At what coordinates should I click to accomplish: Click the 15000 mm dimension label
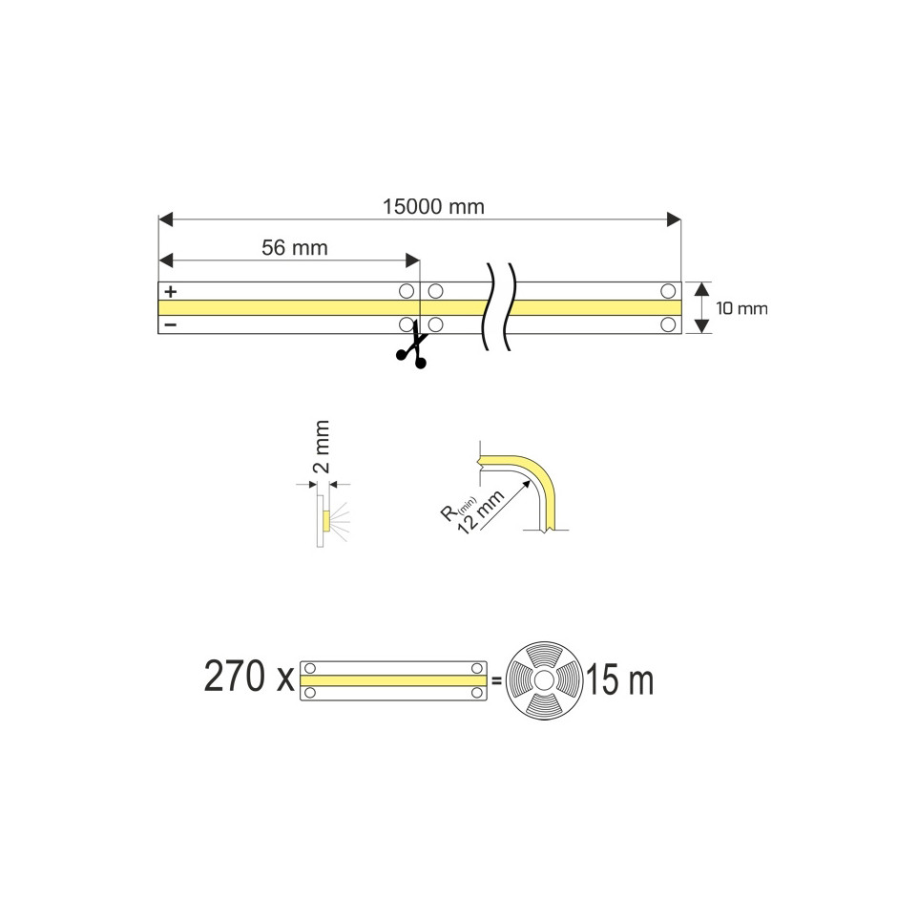pyautogui.click(x=433, y=207)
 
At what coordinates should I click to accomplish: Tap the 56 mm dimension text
pyautogui.click(x=295, y=248)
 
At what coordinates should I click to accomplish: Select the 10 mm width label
pyautogui.click(x=741, y=308)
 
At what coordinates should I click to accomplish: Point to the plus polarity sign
pyautogui.click(x=171, y=291)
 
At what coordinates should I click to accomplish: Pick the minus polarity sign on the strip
pyautogui.click(x=171, y=324)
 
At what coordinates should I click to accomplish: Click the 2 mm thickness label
pyautogui.click(x=321, y=447)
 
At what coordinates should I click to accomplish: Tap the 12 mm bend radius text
pyautogui.click(x=480, y=511)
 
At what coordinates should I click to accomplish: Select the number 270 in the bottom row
pyautogui.click(x=235, y=677)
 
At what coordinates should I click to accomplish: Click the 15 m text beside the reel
pyautogui.click(x=620, y=679)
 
